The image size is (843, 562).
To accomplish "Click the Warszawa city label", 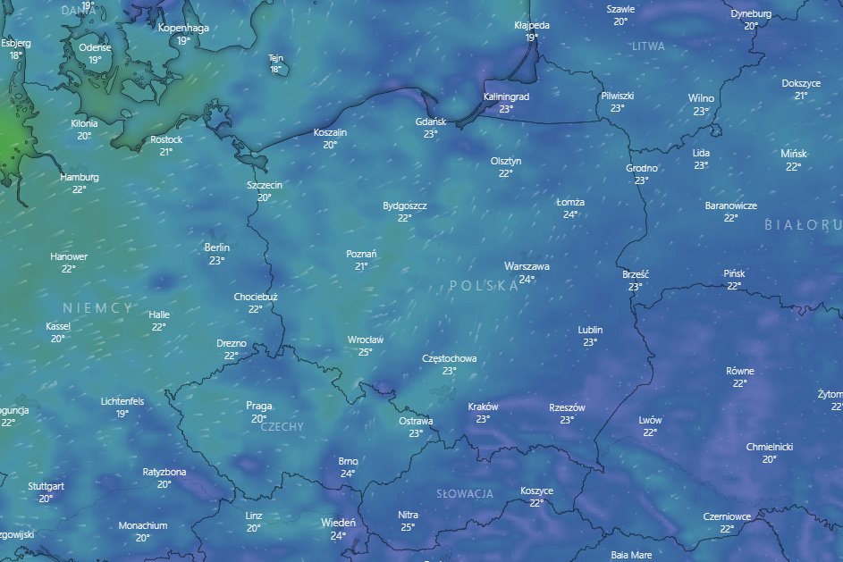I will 527,266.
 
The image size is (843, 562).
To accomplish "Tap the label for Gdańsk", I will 431,122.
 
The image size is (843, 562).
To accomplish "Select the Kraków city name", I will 483,407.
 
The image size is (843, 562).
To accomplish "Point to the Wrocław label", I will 365,340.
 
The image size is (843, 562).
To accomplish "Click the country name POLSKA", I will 484,286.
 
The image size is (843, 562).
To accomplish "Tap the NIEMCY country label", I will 98,307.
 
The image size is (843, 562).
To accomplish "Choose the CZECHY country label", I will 282,427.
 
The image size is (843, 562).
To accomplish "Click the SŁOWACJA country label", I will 465,493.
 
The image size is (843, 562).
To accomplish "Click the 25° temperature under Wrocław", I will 365,352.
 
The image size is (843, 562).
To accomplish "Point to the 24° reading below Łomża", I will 570,214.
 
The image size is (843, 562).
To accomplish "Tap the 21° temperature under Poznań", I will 361,266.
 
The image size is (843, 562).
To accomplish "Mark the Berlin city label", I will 217,247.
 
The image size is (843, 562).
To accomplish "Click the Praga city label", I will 258,406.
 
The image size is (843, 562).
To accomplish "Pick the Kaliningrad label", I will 506,96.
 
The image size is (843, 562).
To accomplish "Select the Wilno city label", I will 701,98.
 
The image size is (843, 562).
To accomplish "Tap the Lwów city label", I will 650,420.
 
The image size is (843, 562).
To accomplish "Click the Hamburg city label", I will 80,177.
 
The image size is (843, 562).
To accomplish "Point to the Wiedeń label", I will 338,523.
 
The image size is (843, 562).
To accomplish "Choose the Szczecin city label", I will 265,185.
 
